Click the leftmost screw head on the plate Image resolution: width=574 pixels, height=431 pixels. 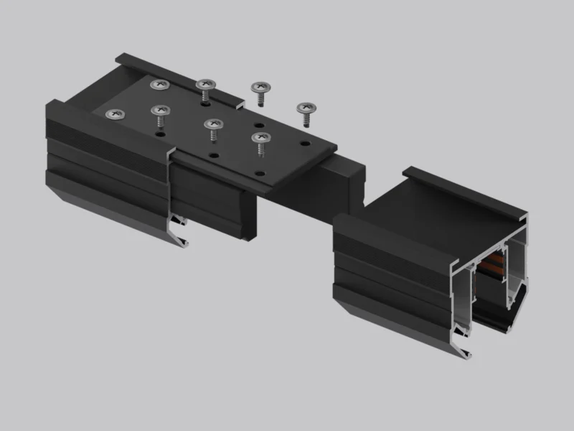[x=113, y=113]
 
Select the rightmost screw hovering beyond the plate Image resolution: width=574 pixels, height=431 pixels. [x=306, y=109]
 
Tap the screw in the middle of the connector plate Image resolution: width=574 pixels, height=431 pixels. [x=212, y=124]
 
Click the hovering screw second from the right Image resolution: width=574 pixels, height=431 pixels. [x=260, y=88]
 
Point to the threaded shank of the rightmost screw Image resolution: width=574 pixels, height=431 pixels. [x=306, y=119]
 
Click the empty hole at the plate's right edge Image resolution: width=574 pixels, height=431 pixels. [x=306, y=144]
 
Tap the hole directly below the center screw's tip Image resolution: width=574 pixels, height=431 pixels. [x=213, y=154]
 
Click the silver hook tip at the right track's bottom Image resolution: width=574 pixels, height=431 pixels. [x=469, y=352]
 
